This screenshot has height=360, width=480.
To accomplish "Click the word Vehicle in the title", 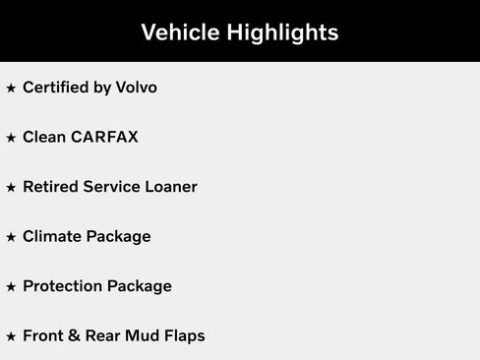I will click(179, 32).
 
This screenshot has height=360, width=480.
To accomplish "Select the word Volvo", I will click(134, 88).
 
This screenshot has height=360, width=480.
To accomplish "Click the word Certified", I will click(53, 88).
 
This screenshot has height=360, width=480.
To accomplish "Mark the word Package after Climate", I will click(118, 238).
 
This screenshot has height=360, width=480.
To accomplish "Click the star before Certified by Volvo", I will click(11, 89).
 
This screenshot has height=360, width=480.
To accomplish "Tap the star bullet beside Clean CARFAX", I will click(11, 138).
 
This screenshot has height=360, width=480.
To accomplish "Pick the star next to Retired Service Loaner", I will click(11, 188).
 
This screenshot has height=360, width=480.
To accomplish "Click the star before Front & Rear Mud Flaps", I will click(11, 337).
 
